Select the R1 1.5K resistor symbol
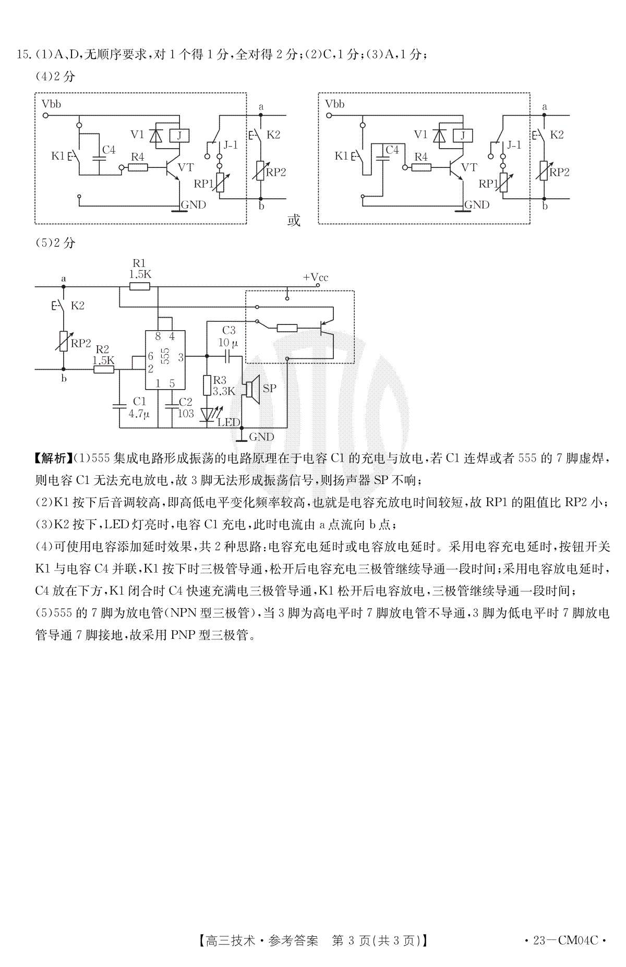139,286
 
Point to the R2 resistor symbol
104,370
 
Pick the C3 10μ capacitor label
229,336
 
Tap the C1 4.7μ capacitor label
139,407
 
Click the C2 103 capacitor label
186,407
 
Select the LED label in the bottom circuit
228,422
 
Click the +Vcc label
316,277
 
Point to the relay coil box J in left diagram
180,136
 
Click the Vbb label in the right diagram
334,104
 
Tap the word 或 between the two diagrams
294,220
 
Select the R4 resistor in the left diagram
138,167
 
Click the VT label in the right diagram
469,167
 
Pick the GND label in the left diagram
193,204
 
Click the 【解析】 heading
53,458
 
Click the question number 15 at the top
22,54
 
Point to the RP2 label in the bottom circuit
81,344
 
